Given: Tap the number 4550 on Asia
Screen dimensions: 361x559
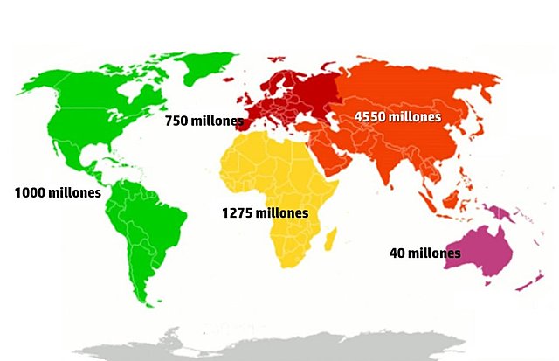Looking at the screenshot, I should tap(371, 116).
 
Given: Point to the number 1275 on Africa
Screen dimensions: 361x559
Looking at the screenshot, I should tap(238, 212).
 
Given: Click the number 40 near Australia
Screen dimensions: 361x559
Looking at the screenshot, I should tap(397, 253).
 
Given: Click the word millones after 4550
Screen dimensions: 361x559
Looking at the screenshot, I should tap(416, 116).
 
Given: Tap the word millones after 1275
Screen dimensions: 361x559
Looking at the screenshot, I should tap(282, 212).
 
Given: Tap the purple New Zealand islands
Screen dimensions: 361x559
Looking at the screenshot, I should tap(528, 278).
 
